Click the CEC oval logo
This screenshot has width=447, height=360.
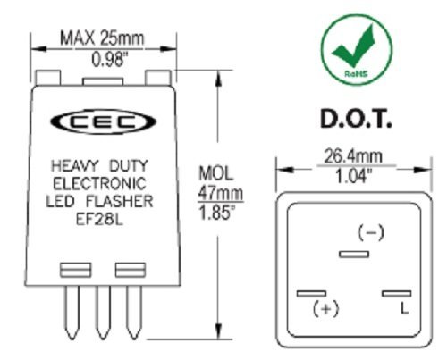104,121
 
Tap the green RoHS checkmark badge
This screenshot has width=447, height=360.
357,49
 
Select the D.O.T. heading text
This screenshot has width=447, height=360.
356,119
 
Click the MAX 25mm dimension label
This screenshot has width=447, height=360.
102,38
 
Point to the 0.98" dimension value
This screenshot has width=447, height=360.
107,60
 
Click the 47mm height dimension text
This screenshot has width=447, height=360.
221,193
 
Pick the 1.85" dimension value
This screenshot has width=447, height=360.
217,213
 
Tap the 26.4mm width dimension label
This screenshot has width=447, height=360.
353,156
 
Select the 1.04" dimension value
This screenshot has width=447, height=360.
353,176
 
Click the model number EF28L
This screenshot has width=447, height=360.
99,220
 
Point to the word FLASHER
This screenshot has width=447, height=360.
120,202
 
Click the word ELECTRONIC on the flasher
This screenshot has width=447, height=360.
99,183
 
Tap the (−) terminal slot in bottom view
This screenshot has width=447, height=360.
354,255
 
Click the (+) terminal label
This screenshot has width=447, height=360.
326,308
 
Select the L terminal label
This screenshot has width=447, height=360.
404,308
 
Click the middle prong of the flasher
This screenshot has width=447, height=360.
103,313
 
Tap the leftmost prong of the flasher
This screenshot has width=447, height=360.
72,313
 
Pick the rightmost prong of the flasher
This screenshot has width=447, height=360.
134,313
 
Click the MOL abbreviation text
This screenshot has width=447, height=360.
215,173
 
